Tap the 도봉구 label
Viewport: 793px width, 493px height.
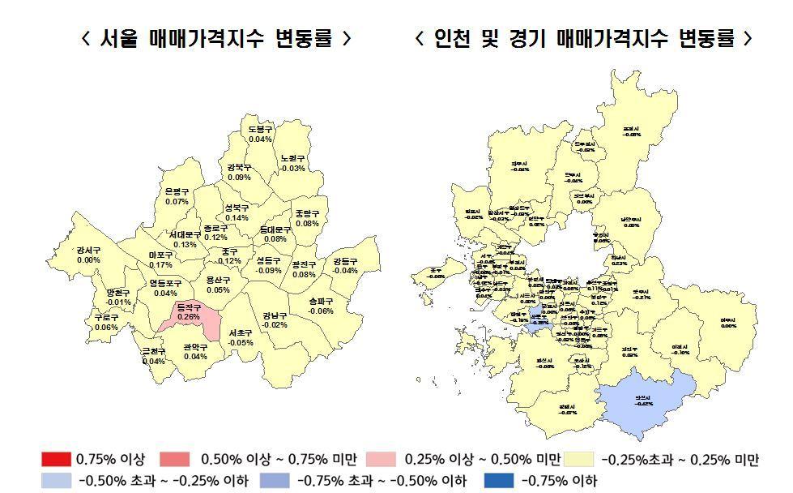pyautogui.click(x=260, y=129)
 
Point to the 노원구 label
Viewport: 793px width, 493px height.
pyautogui.click(x=292, y=158)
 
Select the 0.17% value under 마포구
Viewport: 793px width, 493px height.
pyautogui.click(x=160, y=265)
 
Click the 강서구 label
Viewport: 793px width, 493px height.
pyautogui.click(x=88, y=250)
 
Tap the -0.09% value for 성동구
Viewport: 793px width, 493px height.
pyautogui.click(x=268, y=271)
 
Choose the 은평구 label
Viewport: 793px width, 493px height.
pyautogui.click(x=177, y=191)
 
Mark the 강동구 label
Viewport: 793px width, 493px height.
pyautogui.click(x=345, y=261)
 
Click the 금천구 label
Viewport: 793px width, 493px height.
pyautogui.click(x=153, y=351)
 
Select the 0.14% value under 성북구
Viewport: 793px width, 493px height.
pyautogui.click(x=237, y=218)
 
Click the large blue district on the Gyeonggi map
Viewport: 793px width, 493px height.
pyautogui.click(x=648, y=397)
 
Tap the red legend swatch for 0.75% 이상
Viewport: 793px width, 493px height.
pyautogui.click(x=56, y=460)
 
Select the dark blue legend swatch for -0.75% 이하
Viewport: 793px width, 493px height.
pyautogui.click(x=498, y=481)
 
